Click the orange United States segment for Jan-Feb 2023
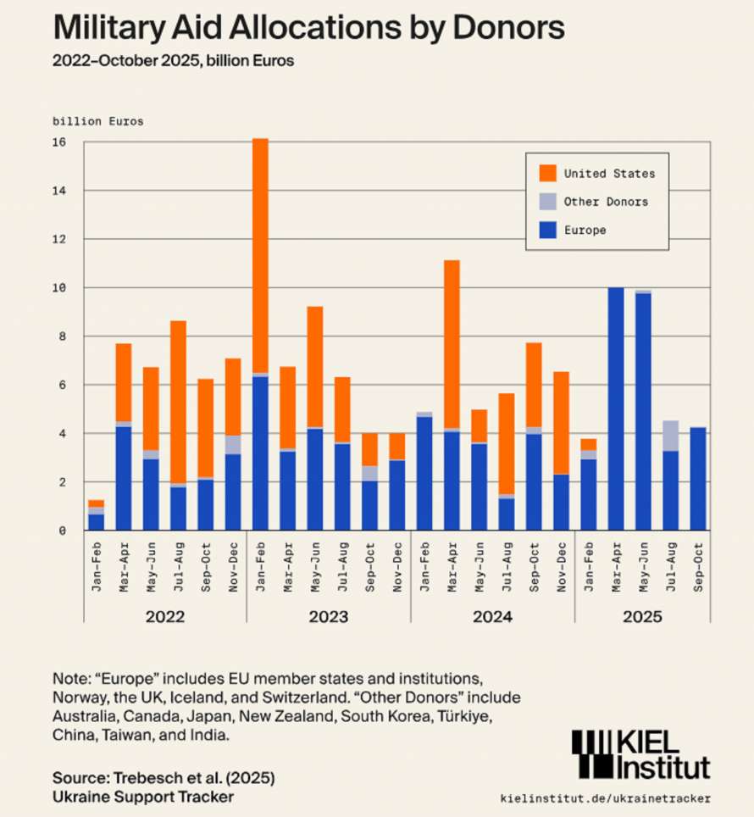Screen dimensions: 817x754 [260, 254]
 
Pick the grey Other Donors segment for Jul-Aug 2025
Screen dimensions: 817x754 [670, 435]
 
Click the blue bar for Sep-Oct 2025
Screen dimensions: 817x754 [697, 478]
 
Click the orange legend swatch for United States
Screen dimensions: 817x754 [547, 174]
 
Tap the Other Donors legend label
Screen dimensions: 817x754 [606, 202]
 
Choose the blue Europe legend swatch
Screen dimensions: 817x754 [547, 230]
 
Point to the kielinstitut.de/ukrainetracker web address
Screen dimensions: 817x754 [606, 798]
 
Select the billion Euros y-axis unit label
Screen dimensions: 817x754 [98, 121]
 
